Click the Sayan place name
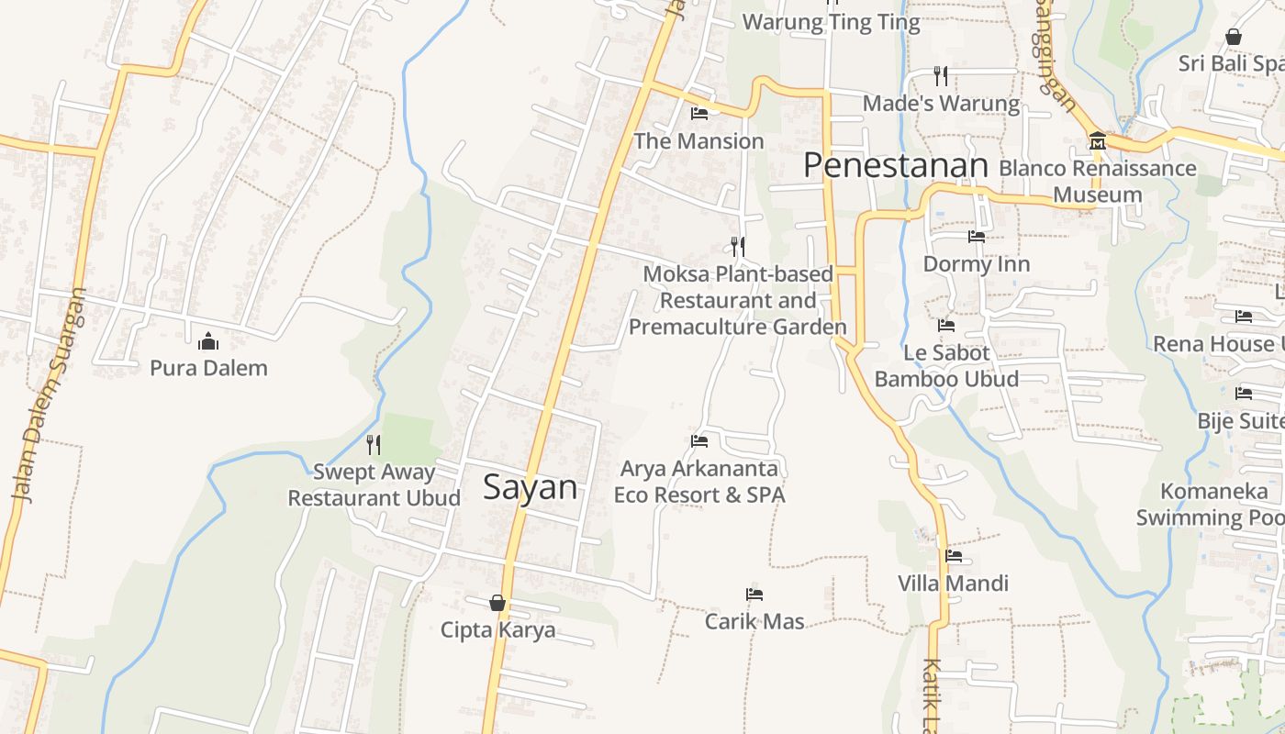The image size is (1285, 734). click(x=531, y=487)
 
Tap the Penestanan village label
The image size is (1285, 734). click(x=895, y=166)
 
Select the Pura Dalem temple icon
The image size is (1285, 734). click(x=208, y=342)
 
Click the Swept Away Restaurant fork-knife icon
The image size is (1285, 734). click(x=374, y=445)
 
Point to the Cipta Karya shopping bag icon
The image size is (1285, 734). click(x=497, y=603)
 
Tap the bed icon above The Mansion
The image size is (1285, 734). click(x=699, y=114)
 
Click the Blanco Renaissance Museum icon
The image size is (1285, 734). click(x=1097, y=142)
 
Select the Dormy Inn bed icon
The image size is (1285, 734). click(x=977, y=237)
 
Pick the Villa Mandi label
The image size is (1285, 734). click(x=953, y=584)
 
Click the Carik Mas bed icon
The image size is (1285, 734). click(x=754, y=595)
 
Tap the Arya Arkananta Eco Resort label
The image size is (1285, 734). click(x=699, y=482)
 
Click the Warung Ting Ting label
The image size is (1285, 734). click(x=831, y=23)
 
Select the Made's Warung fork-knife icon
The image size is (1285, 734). click(x=941, y=75)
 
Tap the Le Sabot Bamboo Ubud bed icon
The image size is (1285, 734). click(x=946, y=326)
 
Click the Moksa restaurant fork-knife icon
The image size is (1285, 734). click(x=737, y=247)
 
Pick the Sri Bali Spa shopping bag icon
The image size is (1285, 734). click(x=1234, y=38)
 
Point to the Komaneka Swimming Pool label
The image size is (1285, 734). click(x=1212, y=505)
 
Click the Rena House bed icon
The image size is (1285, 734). click(x=1244, y=317)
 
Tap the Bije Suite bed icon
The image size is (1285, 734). click(x=1244, y=394)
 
